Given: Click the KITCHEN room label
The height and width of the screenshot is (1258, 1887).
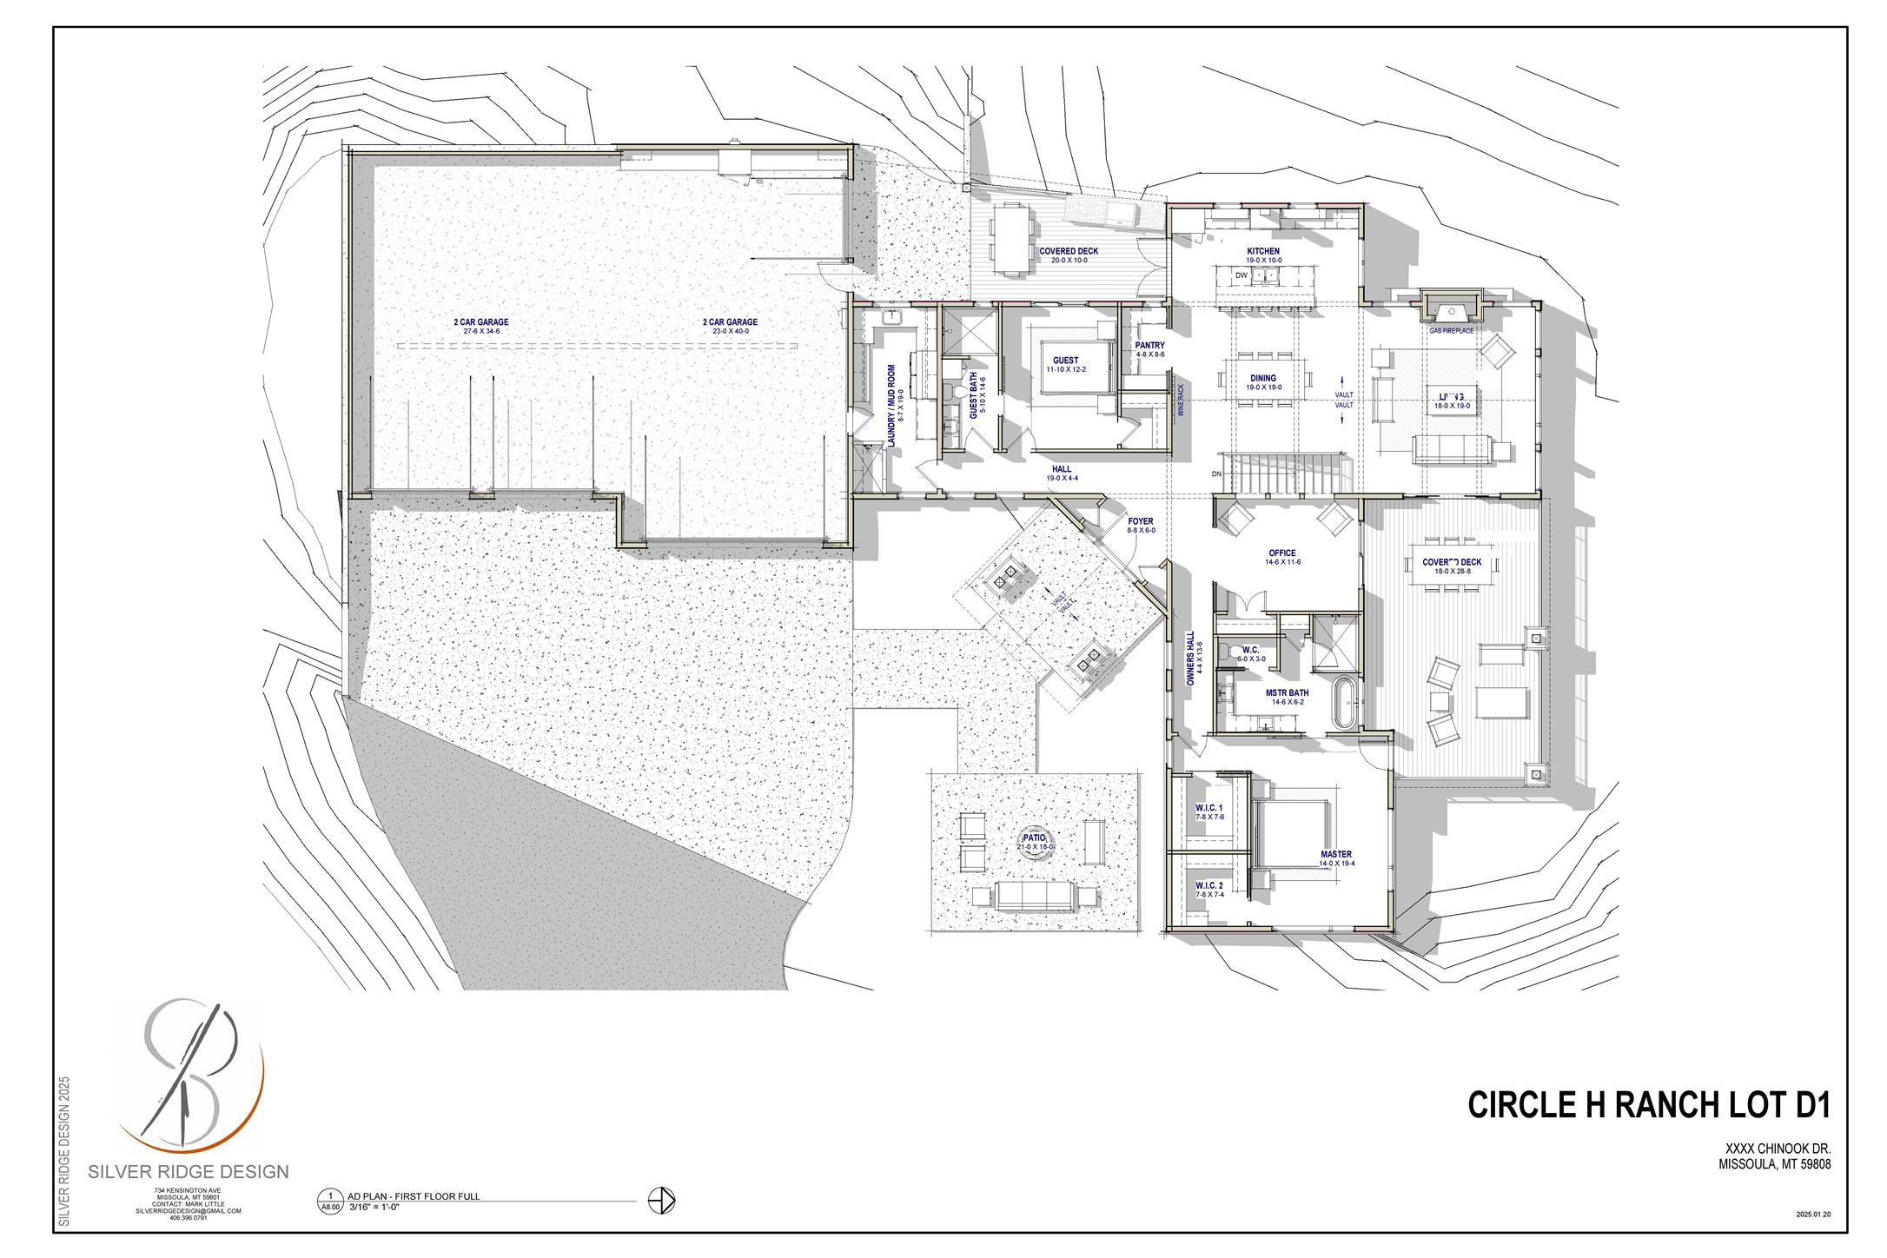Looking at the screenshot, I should coord(1262,252).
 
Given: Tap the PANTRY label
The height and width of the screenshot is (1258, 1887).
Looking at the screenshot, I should coord(1149,346).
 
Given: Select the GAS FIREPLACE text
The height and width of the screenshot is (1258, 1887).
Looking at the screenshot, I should coord(1451,331).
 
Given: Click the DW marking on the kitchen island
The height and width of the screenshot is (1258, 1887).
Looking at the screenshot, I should coord(1241,275).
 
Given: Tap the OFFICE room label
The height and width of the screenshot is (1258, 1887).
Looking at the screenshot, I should coord(1281,553).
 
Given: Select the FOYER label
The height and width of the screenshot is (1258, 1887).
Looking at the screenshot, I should coord(1141,522).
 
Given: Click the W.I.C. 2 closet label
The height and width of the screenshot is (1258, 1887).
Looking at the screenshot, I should coord(1208,885).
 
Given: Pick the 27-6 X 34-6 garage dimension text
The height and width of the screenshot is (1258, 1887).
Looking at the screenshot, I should coord(481,332).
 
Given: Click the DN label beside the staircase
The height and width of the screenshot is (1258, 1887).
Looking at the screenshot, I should coord(1216,474).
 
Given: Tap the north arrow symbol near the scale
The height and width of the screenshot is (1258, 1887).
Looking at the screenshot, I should coord(662,1201).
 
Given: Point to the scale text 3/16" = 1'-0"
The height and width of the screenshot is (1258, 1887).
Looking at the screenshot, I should coord(374,1207).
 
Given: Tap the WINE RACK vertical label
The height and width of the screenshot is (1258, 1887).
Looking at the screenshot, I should coord(1181,401).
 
